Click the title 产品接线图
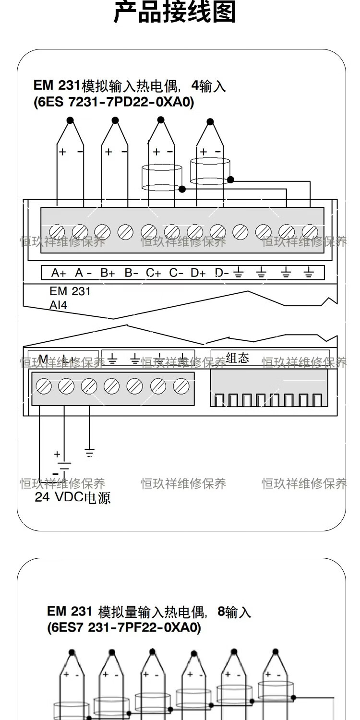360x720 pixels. click(175, 13)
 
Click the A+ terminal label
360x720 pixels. click(59, 273)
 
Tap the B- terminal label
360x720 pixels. click(131, 273)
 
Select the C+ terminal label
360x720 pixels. click(154, 273)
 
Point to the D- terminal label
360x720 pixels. click(222, 273)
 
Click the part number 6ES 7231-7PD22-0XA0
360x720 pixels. click(114, 102)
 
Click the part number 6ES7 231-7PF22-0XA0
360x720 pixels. click(124, 627)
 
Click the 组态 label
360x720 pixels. click(237, 358)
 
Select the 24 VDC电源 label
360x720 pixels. click(72, 497)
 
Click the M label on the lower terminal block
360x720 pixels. click(43, 359)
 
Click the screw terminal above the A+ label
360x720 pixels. click(57, 232)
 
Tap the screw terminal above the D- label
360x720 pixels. click(217, 232)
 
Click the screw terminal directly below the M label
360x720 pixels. click(44, 386)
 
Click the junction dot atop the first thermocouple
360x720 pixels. click(70, 120)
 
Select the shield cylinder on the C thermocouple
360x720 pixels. click(162, 179)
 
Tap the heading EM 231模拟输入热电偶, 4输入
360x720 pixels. click(130, 86)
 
